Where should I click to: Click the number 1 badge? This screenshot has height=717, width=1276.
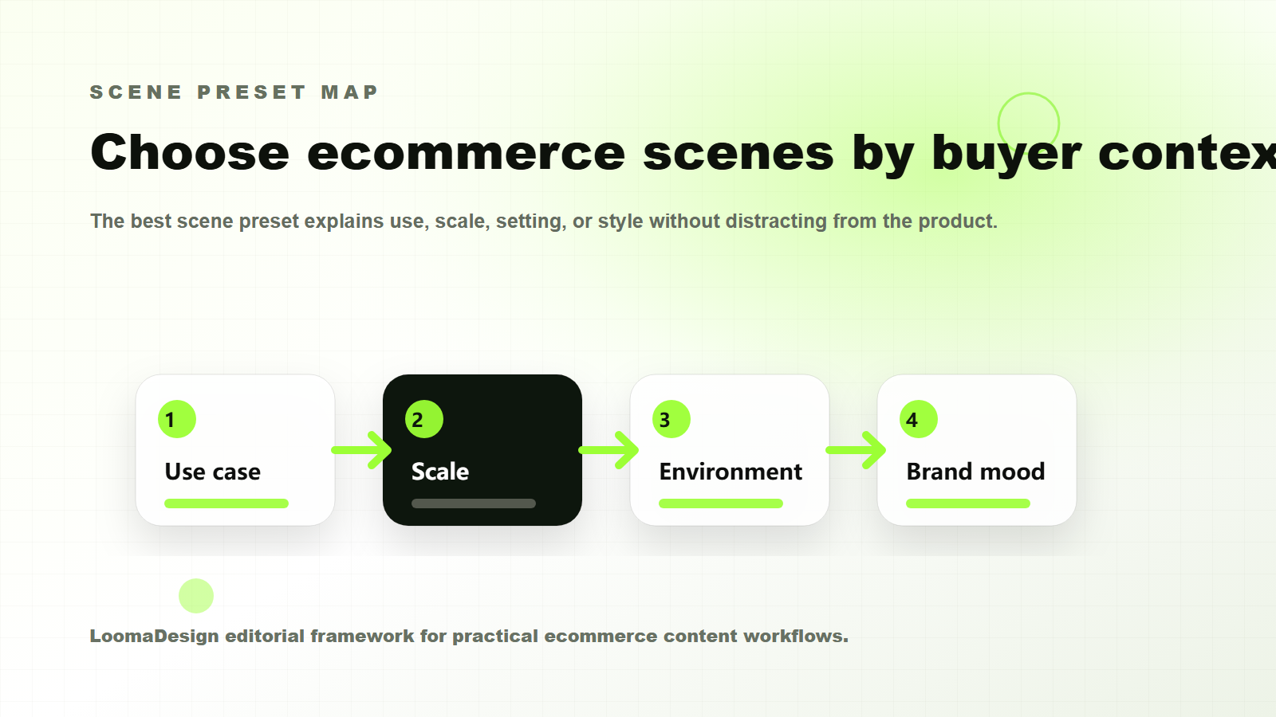pyautogui.click(x=177, y=419)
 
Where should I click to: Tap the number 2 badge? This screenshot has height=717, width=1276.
pyautogui.click(x=424, y=419)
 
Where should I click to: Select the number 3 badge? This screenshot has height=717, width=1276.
pyautogui.click(x=671, y=419)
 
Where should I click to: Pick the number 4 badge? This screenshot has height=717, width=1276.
pyautogui.click(x=919, y=419)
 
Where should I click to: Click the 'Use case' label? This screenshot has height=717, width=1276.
pyautogui.click(x=213, y=472)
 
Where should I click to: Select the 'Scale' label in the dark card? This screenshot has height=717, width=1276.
pyautogui.click(x=440, y=472)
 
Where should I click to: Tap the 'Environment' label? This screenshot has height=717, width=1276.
pyautogui.click(x=731, y=472)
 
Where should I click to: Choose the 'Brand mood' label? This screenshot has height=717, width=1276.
pyautogui.click(x=975, y=472)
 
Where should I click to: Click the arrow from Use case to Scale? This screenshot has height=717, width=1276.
pyautogui.click(x=362, y=450)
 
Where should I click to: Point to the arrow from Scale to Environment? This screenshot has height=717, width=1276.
pyautogui.click(x=609, y=450)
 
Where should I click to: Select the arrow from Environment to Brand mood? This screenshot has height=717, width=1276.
pyautogui.click(x=857, y=450)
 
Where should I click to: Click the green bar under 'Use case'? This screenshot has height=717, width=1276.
pyautogui.click(x=226, y=503)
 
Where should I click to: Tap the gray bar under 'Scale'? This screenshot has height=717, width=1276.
pyautogui.click(x=474, y=503)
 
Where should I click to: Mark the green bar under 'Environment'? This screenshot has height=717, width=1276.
pyautogui.click(x=721, y=503)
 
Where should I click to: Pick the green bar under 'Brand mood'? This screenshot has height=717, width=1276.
pyautogui.click(x=968, y=503)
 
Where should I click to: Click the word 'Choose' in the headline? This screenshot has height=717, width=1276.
pyautogui.click(x=190, y=152)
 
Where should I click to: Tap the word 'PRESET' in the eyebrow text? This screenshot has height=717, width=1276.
pyautogui.click(x=251, y=92)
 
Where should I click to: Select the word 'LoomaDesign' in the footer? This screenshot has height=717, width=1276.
pyautogui.click(x=154, y=636)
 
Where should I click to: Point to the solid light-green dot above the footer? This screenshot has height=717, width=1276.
pyautogui.click(x=196, y=596)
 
